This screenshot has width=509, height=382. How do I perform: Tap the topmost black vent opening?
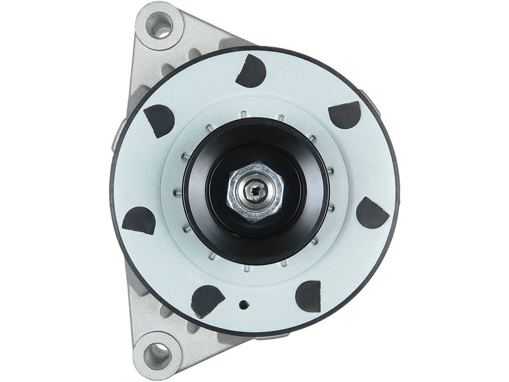pos(251,71)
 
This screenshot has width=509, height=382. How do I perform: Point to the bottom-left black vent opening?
pos(206,300)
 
